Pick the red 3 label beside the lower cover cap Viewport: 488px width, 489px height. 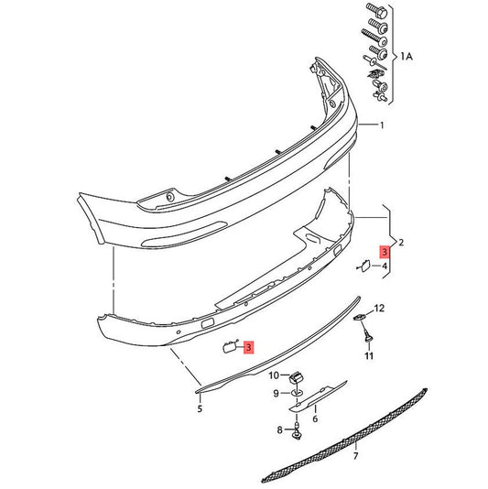click(248, 346)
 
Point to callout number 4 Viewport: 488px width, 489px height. click(385, 266)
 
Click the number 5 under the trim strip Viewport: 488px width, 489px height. click(199, 409)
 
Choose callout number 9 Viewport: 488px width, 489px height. click(274, 394)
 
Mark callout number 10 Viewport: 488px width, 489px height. click(273, 375)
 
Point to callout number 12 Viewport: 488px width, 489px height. click(380, 309)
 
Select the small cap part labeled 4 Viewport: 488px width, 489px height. click(363, 266)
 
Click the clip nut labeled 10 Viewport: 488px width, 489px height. click(298, 376)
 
